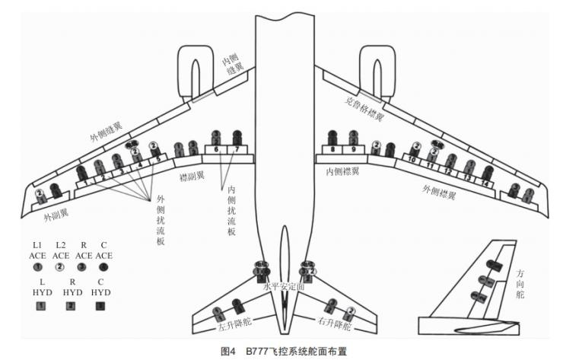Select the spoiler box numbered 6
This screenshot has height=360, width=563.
point(216,150)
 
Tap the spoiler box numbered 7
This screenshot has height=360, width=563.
point(237,150)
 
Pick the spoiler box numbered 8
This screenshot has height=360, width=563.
point(332,150)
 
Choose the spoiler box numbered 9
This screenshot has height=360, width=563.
point(353,150)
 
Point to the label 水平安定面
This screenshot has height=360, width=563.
point(284,287)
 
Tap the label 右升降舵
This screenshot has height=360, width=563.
point(336,324)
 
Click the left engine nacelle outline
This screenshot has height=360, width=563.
point(196,72)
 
